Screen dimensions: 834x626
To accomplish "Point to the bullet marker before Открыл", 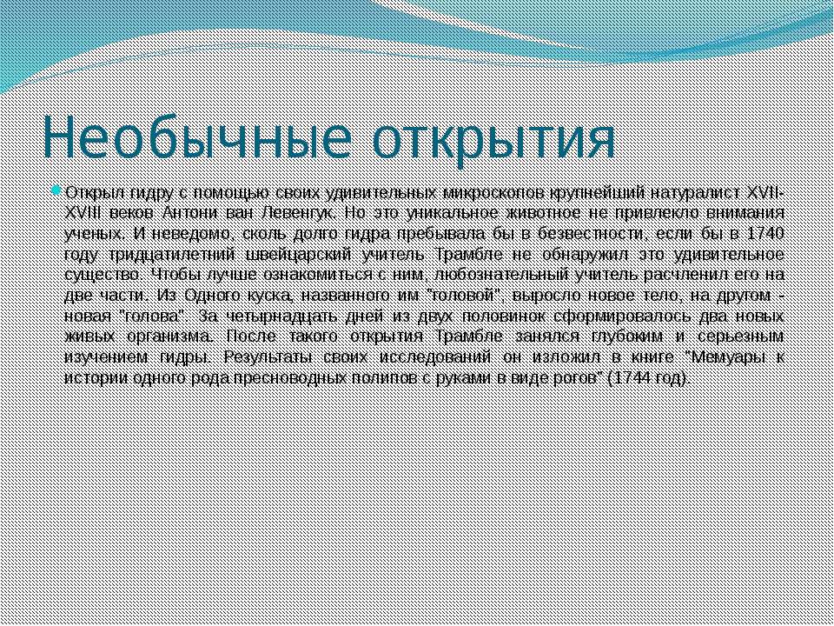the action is click(57, 190).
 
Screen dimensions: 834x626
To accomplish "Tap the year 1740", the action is click(765, 234).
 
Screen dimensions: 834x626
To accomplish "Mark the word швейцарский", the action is click(298, 255).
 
